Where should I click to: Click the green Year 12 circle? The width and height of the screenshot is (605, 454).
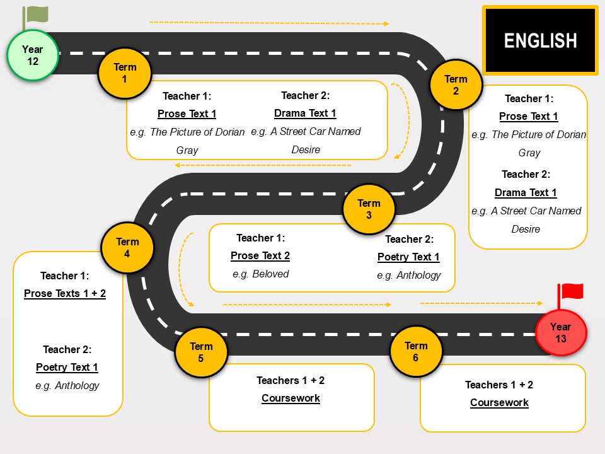pos(33,55)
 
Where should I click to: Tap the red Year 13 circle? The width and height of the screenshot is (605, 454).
pos(561,332)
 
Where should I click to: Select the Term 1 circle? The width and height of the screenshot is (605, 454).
pos(125,73)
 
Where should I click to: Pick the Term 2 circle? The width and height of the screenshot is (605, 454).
pos(456,84)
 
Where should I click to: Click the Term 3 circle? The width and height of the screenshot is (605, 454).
pos(369,209)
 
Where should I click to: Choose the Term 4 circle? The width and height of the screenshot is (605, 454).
pos(127,247)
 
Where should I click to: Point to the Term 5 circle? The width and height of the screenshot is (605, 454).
pos(201,352)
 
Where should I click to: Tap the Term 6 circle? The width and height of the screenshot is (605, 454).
pos(416,351)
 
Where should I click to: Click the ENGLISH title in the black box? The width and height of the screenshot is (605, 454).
pos(540,40)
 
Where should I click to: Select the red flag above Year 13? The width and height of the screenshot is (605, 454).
pos(571,295)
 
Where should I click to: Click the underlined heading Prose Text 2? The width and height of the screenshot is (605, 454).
pos(260,255)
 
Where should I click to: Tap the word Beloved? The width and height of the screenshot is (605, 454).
pos(270,274)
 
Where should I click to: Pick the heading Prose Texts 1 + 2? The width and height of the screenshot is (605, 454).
pos(65,293)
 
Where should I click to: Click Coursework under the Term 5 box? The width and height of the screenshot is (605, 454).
pos(291,398)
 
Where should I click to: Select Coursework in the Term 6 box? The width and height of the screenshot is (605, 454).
pos(499,402)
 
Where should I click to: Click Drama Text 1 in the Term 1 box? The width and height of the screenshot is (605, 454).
pos(305,113)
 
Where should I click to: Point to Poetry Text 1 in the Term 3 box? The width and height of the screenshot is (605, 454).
pos(408,257)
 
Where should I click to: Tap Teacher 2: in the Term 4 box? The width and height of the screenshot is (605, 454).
pos(67,349)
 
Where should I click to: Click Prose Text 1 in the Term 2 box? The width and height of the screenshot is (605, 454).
pos(529,116)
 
